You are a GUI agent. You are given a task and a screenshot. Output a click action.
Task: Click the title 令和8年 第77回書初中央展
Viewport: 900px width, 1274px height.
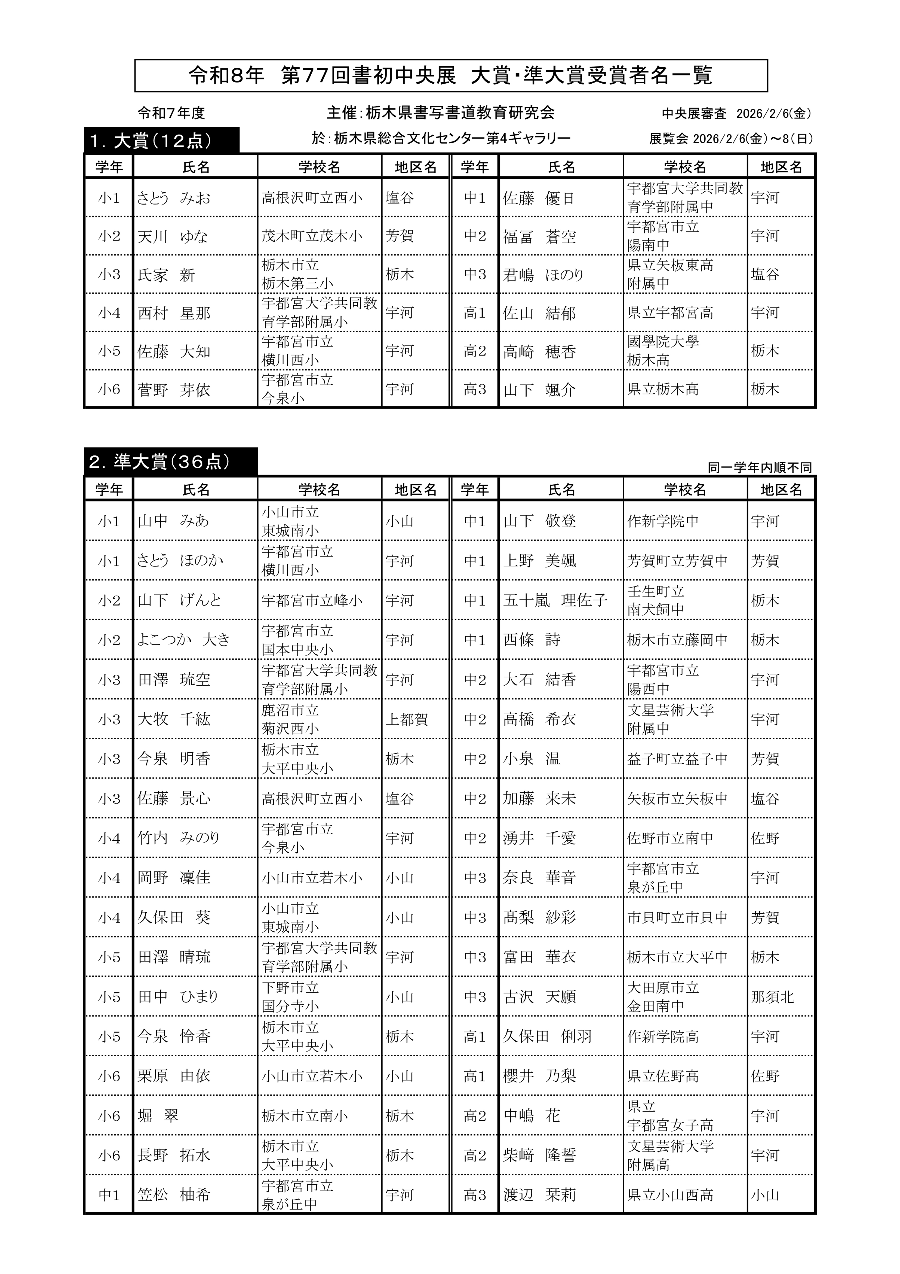[x=450, y=75]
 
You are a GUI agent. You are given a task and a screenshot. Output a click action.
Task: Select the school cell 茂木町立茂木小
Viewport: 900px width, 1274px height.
[x=312, y=236]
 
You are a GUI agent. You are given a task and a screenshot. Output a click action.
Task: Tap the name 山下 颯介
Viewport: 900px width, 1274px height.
[x=539, y=390]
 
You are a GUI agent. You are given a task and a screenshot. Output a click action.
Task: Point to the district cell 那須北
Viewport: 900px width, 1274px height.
[x=772, y=997]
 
